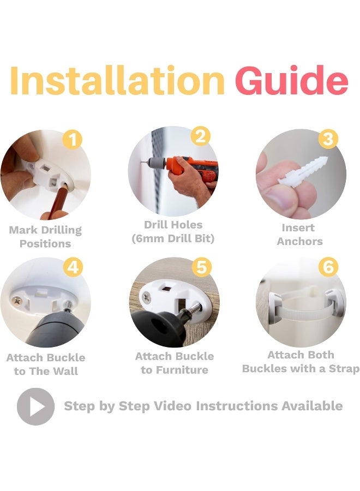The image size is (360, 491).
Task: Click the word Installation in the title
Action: click(117, 80)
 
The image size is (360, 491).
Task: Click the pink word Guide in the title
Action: click(291, 80)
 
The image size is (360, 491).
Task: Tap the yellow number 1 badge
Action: click(73, 140)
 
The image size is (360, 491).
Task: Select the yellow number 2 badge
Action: click(201, 136)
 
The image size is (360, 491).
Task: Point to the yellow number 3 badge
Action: click(328, 139)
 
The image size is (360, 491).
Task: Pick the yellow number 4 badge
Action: click(73, 267)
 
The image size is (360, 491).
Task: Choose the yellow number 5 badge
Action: click(202, 267)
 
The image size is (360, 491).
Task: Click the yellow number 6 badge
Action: click(328, 267)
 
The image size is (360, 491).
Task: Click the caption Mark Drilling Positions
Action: click(45, 237)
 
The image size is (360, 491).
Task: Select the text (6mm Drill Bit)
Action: click(173, 238)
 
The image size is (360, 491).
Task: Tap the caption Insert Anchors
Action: click(299, 235)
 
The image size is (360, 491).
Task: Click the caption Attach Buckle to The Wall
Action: click(46, 364)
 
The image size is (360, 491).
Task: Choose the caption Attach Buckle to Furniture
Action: click(175, 363)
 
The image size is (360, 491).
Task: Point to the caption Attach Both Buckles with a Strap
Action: click(301, 362)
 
